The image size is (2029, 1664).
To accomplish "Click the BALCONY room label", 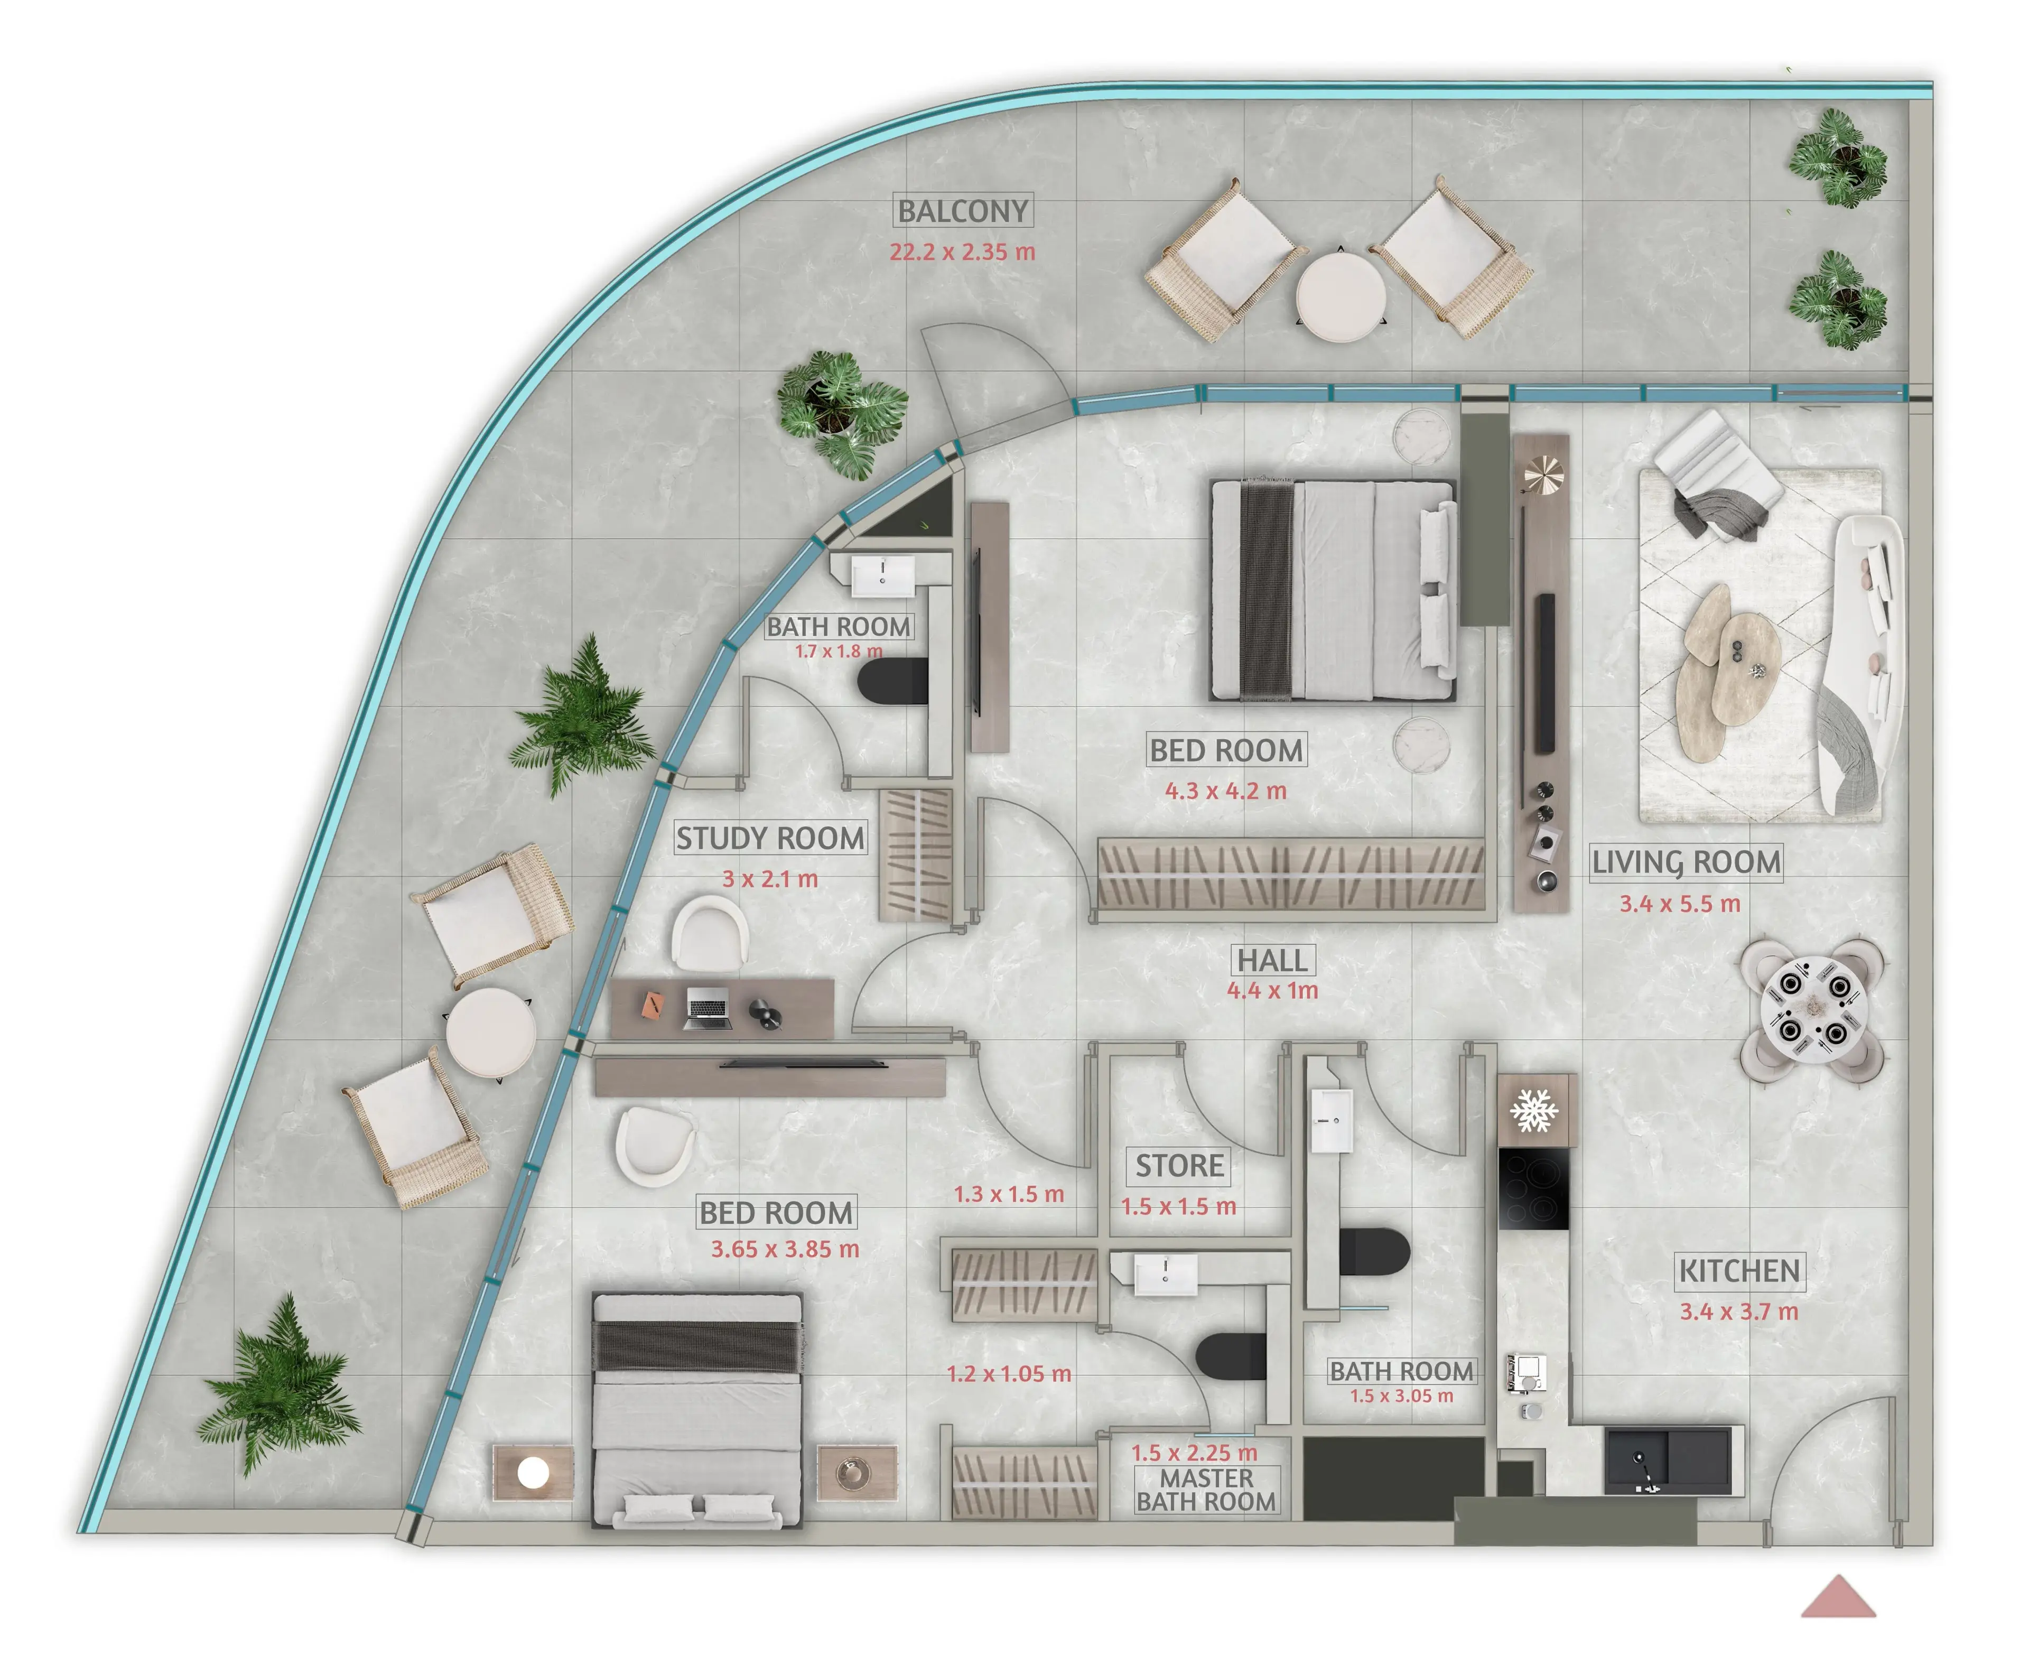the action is (963, 211).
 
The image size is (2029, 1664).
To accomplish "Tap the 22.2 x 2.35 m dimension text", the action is (962, 252).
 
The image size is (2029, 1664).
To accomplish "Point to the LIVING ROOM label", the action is (1686, 862).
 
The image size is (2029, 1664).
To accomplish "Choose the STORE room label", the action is (1180, 1166).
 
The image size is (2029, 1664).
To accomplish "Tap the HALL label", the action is (1273, 960).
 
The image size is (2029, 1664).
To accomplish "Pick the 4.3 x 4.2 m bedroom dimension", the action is (1226, 791).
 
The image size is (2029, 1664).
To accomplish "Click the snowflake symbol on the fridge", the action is (1534, 1111).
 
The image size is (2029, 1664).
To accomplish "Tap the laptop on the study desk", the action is (708, 1009).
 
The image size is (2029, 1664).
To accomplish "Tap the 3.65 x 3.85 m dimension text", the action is (785, 1249).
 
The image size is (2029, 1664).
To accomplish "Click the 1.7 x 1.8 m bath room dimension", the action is (839, 651).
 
